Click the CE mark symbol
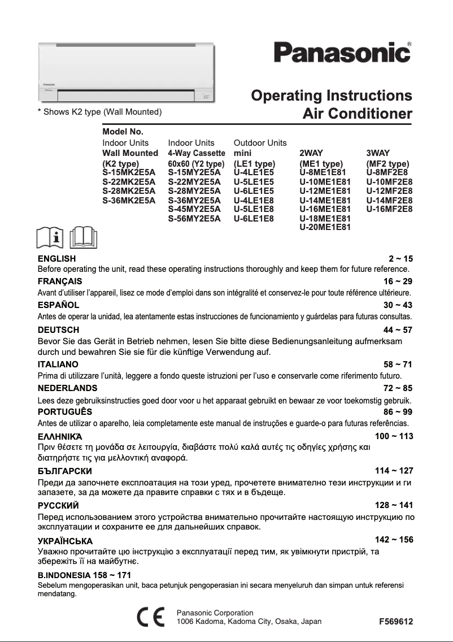tap(151, 617)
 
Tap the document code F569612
tap(396, 622)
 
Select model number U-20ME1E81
tap(325, 227)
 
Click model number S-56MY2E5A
tap(194, 218)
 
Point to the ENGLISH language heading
tap(56, 259)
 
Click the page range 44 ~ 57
tap(398, 329)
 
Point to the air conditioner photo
tap(127, 72)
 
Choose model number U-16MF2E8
tap(389, 209)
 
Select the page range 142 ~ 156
tap(394, 540)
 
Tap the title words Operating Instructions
tap(331, 95)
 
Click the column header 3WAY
tap(378, 153)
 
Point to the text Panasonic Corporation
tap(215, 613)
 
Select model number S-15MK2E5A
tap(129, 172)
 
